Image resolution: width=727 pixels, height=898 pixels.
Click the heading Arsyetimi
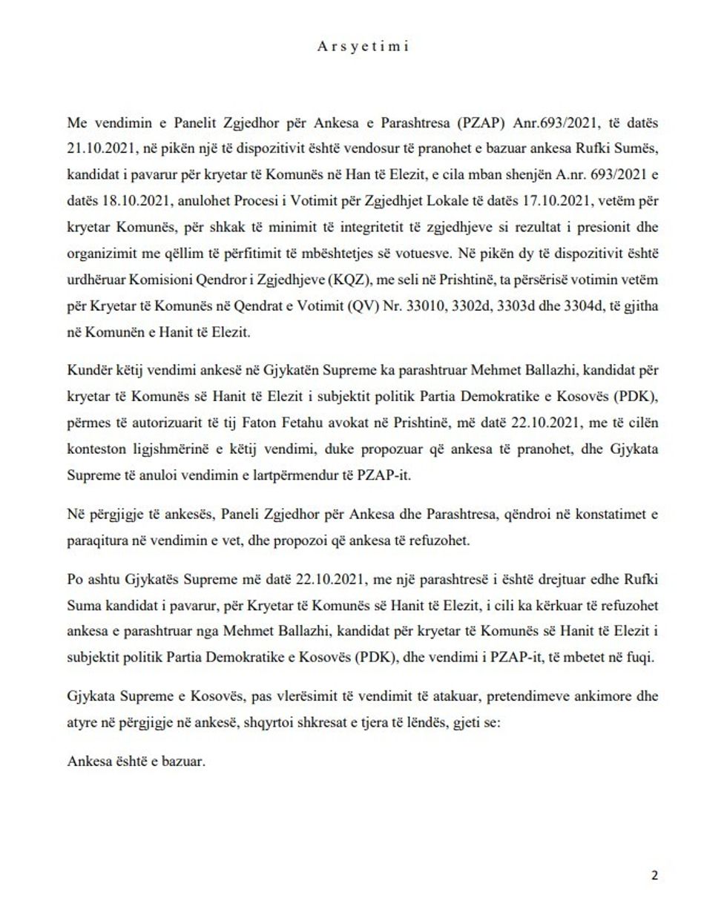pos(363,46)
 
